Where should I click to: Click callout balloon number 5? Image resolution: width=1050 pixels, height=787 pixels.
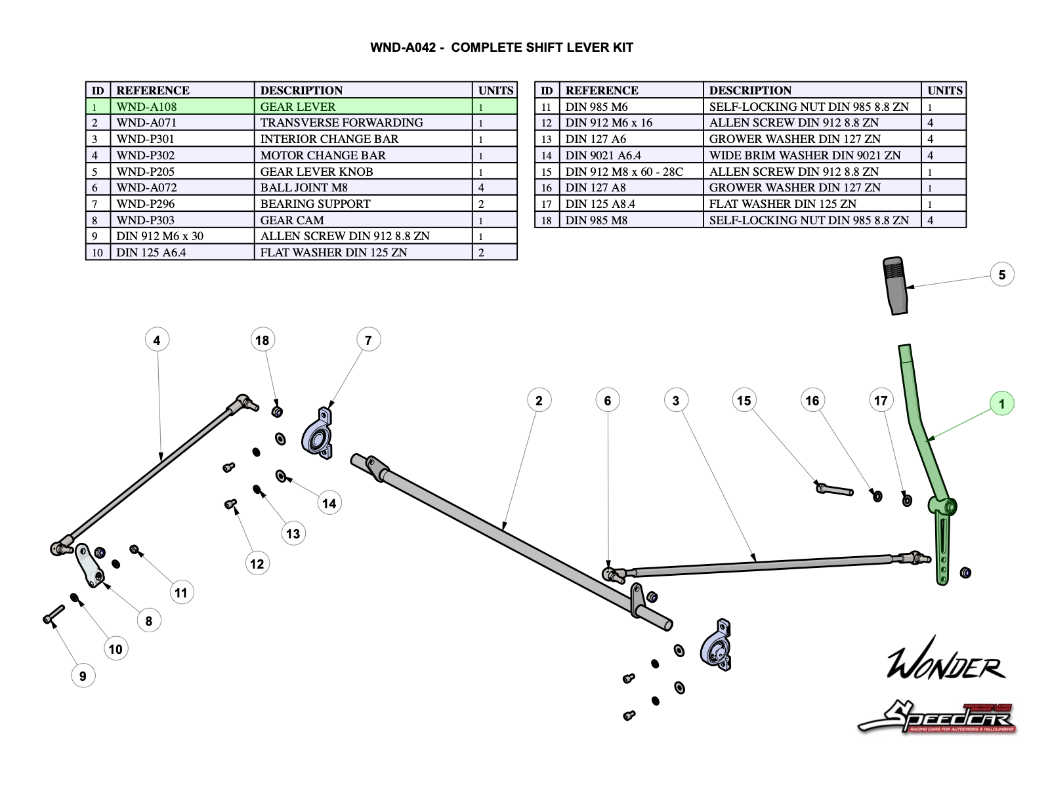1001,275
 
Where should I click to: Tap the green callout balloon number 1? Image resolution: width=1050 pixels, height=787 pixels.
1001,403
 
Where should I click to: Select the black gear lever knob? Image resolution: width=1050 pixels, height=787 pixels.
896,285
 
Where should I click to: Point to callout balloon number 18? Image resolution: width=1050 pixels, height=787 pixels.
262,340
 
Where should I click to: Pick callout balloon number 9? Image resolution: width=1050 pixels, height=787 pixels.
83,676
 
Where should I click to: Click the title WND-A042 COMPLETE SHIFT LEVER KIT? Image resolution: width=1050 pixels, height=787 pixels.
501,47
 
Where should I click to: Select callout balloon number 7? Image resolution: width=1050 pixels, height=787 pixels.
368,340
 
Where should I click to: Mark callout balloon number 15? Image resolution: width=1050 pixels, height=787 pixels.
744,400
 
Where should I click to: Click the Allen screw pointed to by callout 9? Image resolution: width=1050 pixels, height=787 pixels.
52,615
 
